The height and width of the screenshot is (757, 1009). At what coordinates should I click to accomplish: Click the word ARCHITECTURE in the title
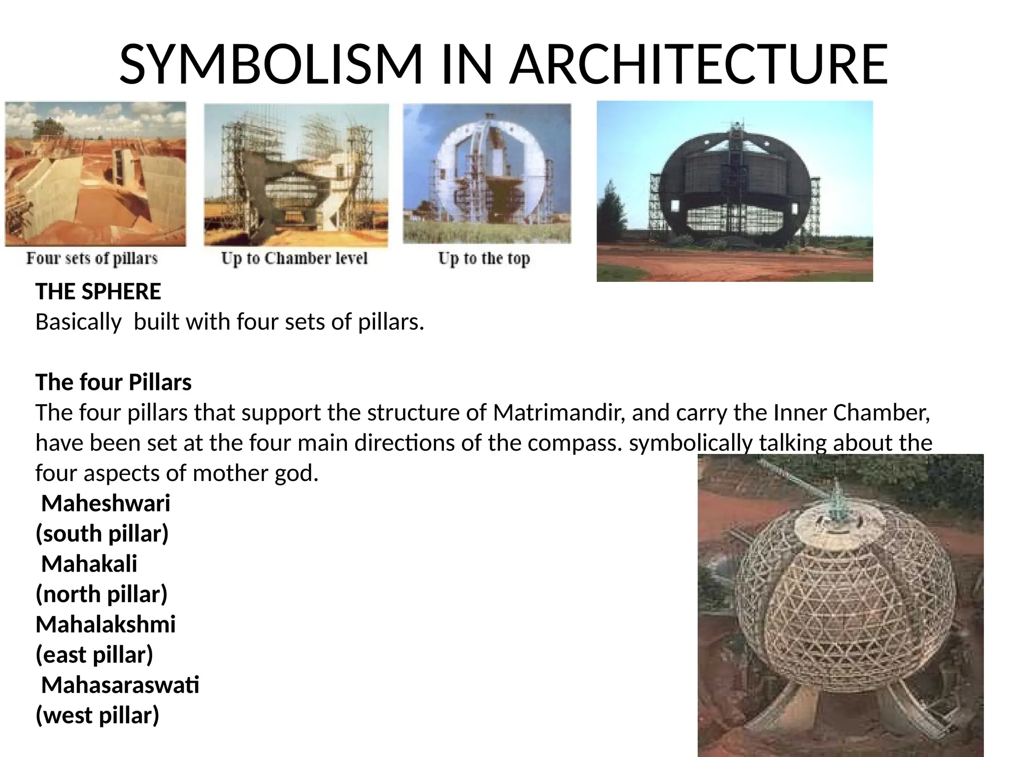point(698,65)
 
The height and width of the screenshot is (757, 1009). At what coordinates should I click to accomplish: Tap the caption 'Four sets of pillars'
point(92,258)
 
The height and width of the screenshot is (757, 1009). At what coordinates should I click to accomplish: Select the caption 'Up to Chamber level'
point(294,258)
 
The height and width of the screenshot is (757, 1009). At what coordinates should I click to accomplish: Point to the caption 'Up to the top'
point(484,258)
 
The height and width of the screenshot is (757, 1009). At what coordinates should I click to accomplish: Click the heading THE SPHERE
point(98,292)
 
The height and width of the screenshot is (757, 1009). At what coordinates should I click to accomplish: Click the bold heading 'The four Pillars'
point(113,382)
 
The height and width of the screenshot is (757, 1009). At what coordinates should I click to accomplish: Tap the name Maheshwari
point(105,503)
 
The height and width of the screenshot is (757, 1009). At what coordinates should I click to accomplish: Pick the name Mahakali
point(89,564)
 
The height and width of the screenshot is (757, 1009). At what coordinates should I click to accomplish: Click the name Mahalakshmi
point(105,624)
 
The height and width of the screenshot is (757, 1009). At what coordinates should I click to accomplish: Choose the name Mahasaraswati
point(120,685)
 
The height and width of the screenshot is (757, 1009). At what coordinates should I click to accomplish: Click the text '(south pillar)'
point(102,534)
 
